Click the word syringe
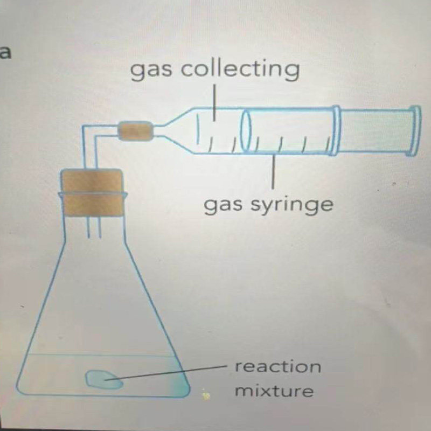point(291,205)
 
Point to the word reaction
point(277,366)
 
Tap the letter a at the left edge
point(5,53)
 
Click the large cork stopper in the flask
point(92,192)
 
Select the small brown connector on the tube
point(135,131)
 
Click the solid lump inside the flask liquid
point(104,379)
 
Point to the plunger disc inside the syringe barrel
point(246,130)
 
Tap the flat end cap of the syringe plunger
point(416,131)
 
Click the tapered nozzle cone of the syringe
point(176,130)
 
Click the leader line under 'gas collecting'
point(214,102)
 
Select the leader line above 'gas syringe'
point(273,171)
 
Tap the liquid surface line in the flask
point(101,354)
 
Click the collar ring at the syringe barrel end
point(336,130)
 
